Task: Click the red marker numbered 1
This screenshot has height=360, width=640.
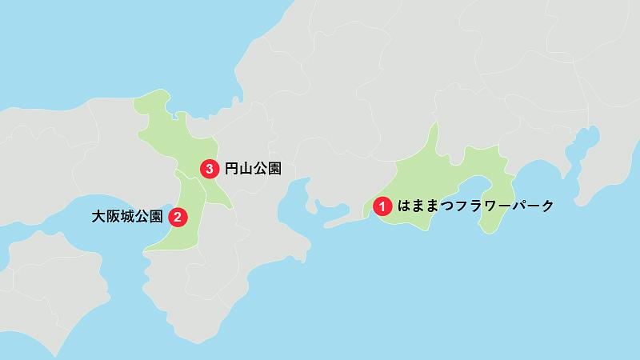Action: (x=383, y=206)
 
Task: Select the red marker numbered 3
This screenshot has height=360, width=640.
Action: (x=209, y=169)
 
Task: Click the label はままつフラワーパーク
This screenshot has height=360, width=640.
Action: (x=476, y=206)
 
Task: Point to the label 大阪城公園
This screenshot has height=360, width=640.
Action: (x=127, y=216)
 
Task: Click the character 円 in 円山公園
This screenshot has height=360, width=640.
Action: (x=231, y=169)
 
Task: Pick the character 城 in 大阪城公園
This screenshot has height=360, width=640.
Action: (x=127, y=216)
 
